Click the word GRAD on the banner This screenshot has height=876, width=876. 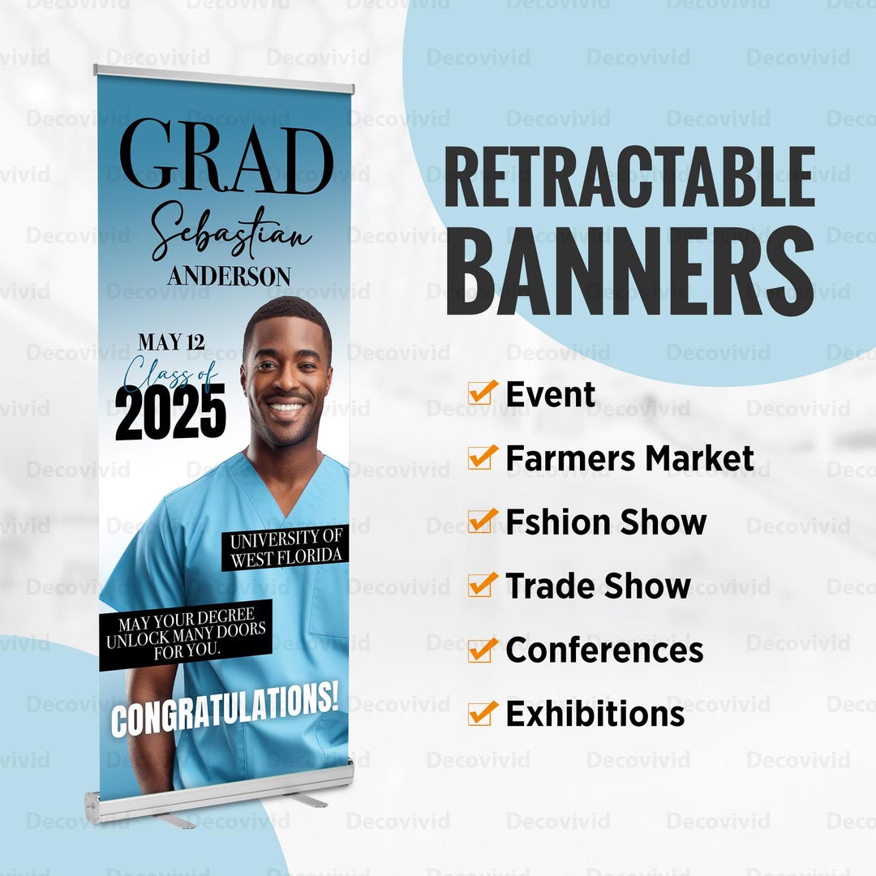225,157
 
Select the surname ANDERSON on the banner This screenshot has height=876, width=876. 229,276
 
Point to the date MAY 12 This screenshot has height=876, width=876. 171,342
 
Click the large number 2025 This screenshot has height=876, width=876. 170,411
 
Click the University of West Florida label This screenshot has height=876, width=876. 286,548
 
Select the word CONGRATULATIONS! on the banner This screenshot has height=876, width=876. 224,709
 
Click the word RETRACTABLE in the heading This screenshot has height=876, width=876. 629,178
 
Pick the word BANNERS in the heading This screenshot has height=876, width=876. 629,271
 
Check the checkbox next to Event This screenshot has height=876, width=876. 482,393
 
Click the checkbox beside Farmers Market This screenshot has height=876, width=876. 482,457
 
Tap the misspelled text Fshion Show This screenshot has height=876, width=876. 606,522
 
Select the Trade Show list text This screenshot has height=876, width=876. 598,586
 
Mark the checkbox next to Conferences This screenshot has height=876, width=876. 482,650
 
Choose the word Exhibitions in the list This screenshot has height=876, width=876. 595,714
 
